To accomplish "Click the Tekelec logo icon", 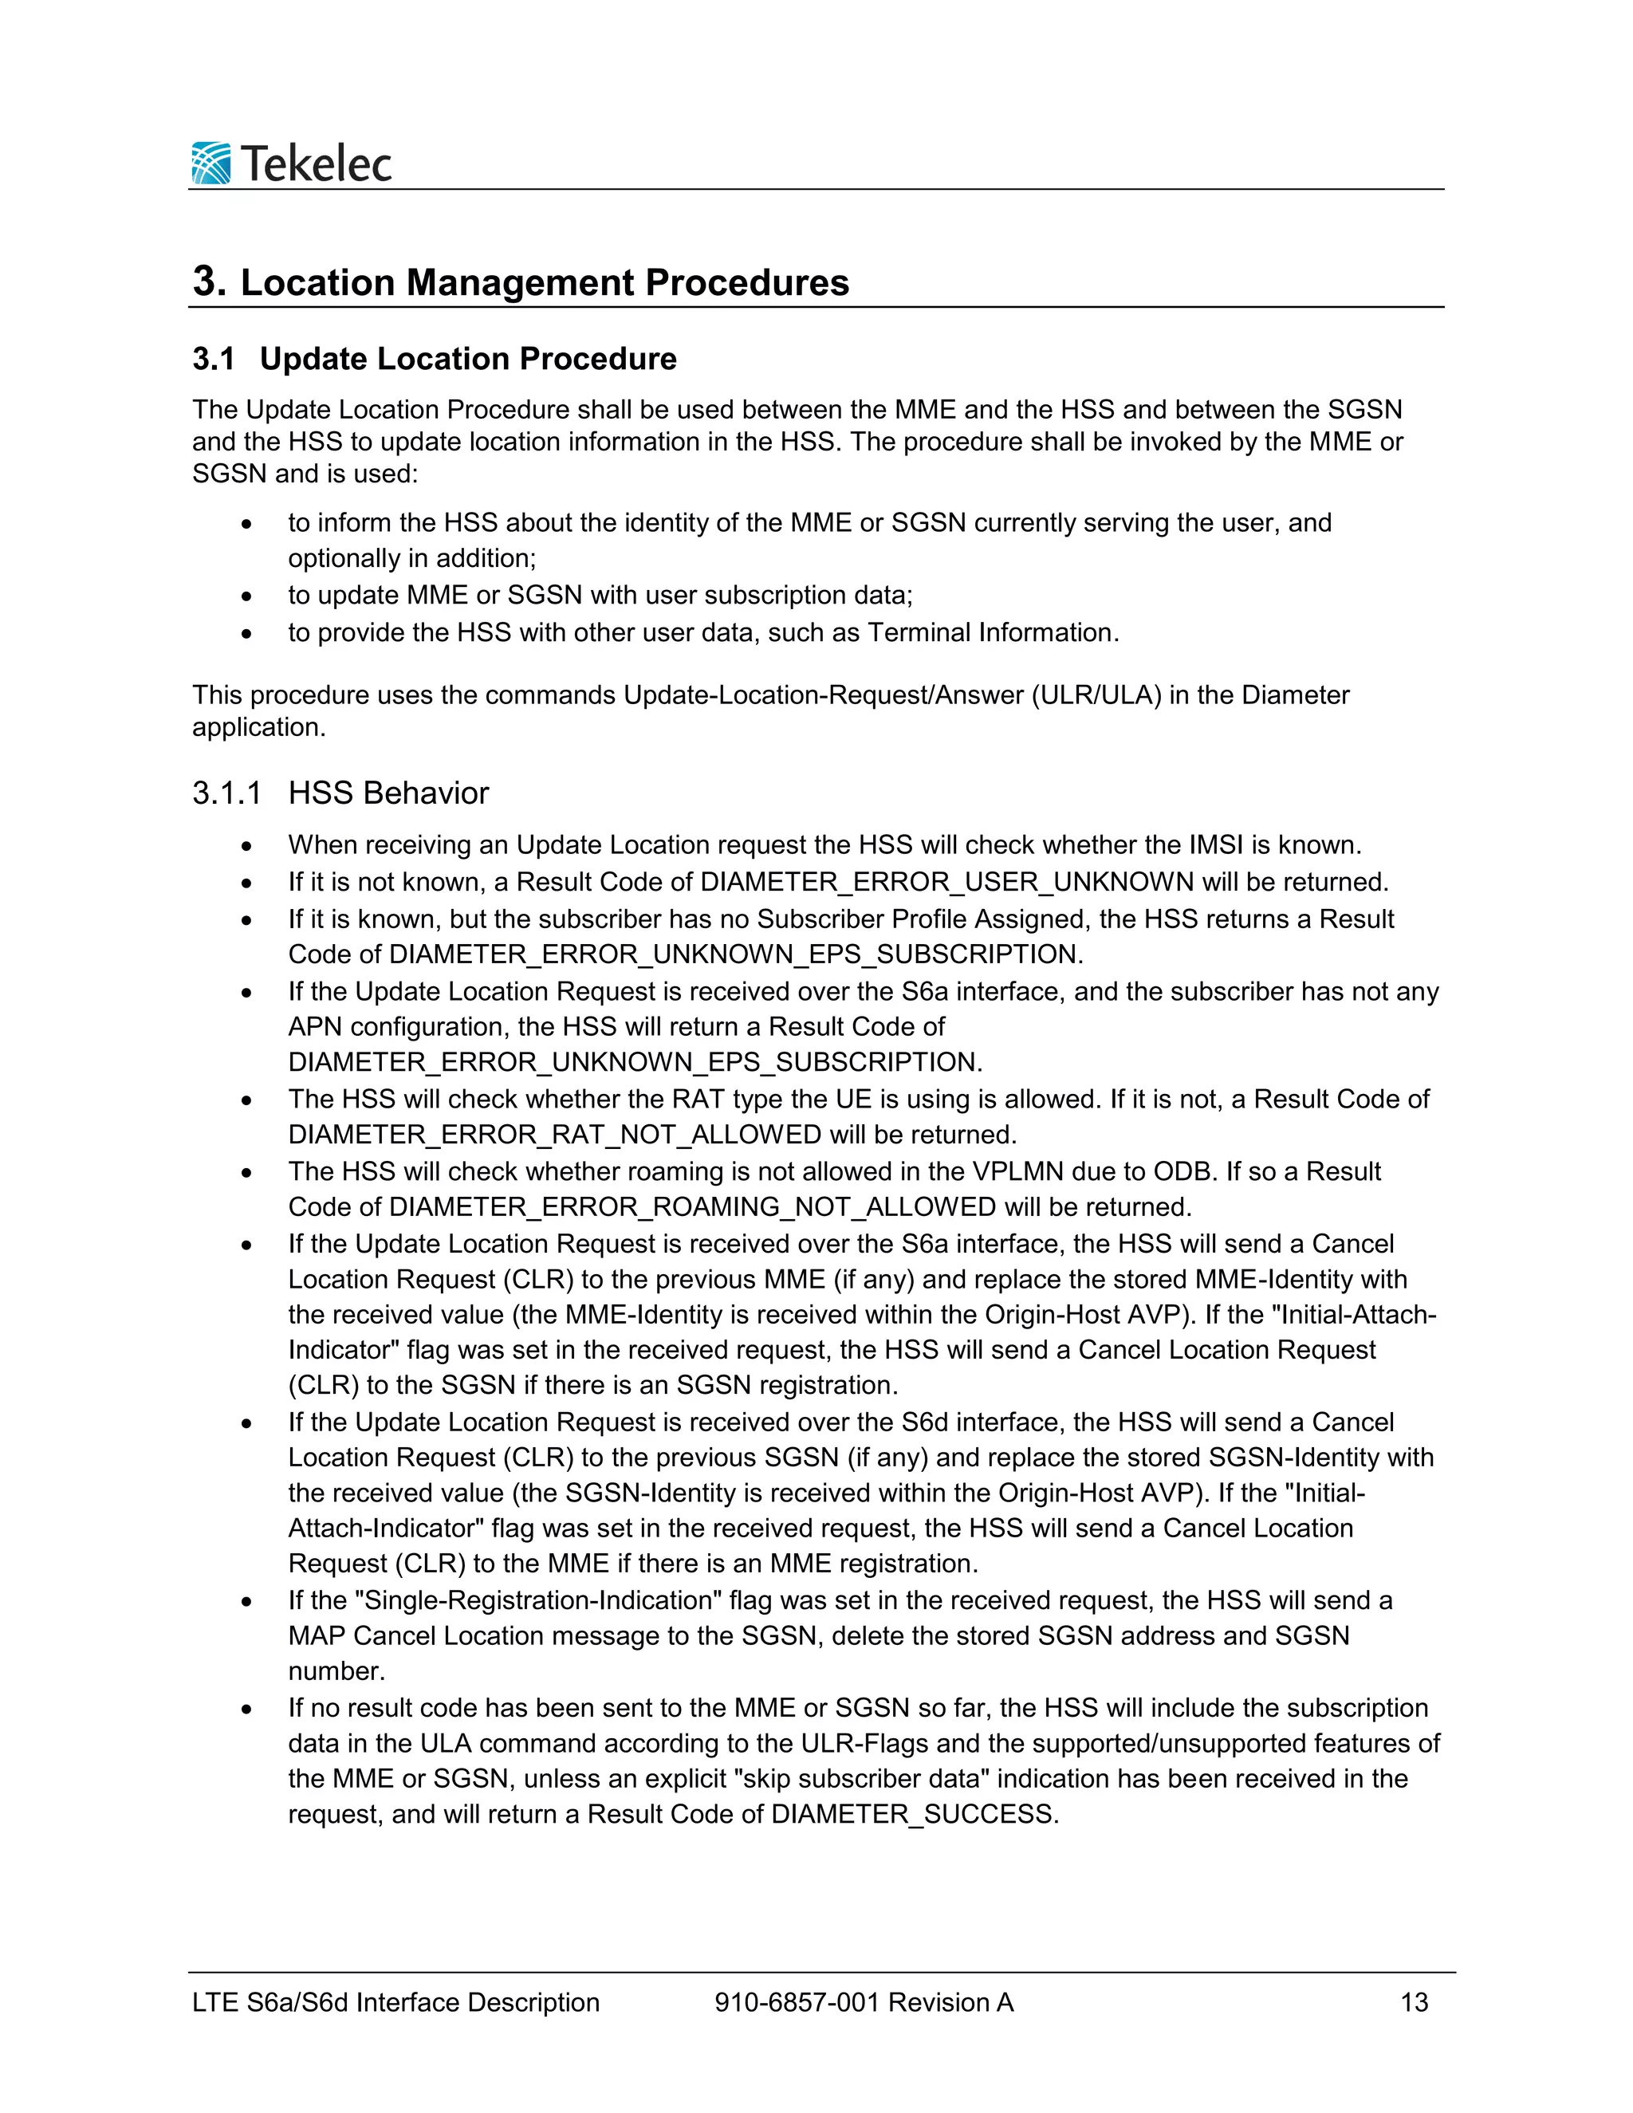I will coord(211,163).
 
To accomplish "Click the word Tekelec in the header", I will coord(316,163).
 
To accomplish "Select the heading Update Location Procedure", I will coord(468,359).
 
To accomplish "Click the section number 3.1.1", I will coord(226,793).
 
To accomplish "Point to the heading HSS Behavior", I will coord(388,793).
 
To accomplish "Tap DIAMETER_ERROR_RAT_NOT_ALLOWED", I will coord(554,1134).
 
